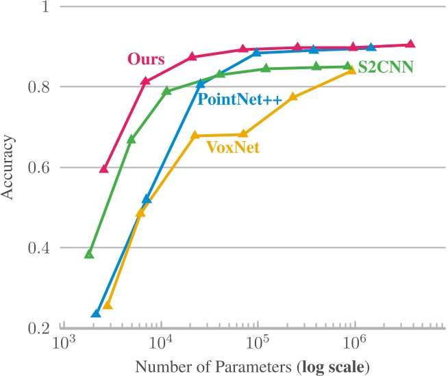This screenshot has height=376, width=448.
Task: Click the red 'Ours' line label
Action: pos(145,59)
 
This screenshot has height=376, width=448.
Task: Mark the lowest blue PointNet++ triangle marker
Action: pos(96,313)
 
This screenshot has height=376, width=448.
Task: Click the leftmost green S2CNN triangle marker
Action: pos(88,254)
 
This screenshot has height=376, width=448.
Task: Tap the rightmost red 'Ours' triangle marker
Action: pos(410,44)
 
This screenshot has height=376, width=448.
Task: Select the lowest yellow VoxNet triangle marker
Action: pos(108,305)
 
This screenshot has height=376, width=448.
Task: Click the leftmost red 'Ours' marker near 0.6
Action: pos(104,168)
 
